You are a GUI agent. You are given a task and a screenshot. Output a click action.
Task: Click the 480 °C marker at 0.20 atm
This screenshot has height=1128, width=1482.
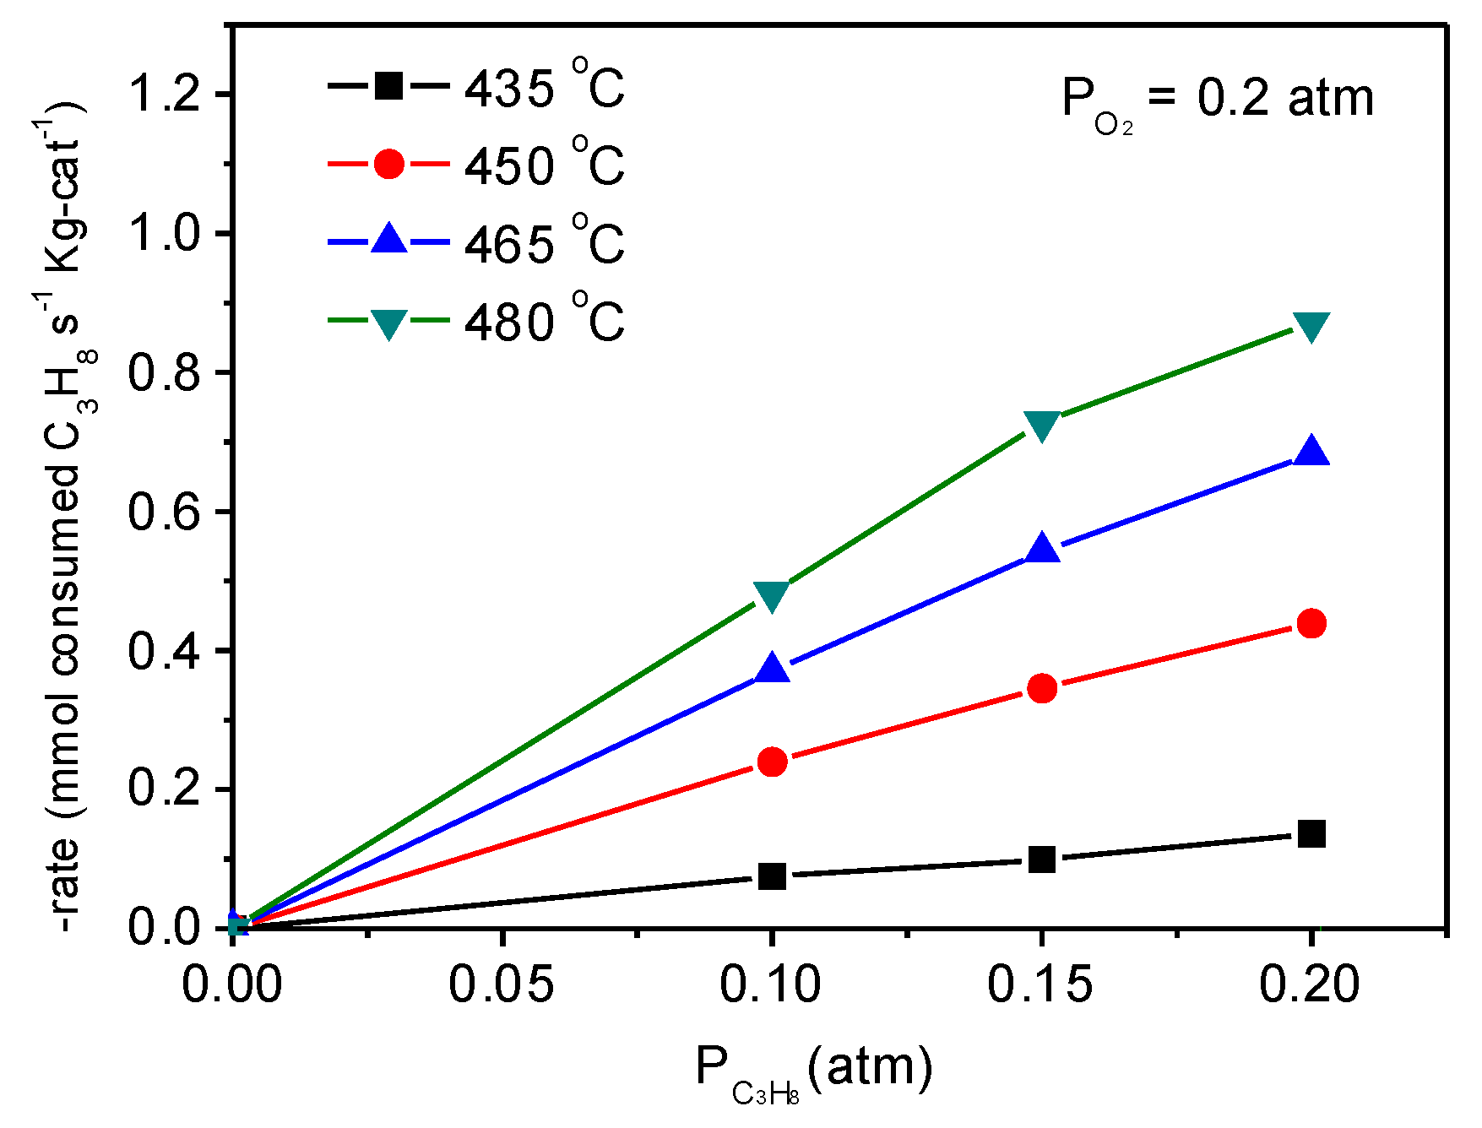pos(1311,325)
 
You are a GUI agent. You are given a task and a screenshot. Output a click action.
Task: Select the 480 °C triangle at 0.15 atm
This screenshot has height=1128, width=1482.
pos(1041,425)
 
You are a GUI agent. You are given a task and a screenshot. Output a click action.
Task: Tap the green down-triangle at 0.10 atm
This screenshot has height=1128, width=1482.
pos(771,594)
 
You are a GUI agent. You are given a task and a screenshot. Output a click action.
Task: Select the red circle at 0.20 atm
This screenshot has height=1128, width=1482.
pos(1311,624)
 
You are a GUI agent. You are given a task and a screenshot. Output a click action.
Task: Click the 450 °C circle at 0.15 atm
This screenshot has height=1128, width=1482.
pos(1042,688)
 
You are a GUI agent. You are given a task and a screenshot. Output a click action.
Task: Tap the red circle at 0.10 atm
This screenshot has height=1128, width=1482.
pos(771,762)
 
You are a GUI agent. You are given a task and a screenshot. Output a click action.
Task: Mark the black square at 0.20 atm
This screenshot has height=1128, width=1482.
pos(1311,833)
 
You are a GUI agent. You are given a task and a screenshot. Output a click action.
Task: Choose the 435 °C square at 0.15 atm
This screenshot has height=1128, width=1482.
pos(1042,860)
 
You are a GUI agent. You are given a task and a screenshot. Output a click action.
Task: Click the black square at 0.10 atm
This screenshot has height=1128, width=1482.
pos(771,876)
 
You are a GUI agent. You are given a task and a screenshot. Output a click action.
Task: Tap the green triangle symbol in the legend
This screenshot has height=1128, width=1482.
pos(388,322)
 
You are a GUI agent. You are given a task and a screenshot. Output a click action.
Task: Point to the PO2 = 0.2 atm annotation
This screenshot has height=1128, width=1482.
pos(1217,101)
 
